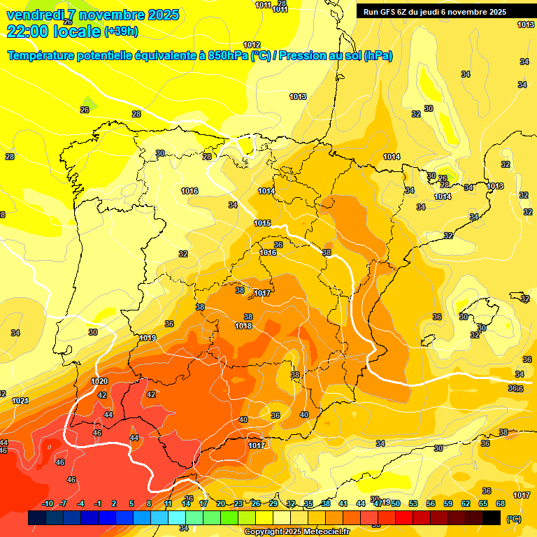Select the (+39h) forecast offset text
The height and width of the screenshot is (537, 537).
point(121,31)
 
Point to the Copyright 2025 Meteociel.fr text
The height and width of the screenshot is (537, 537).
point(296,531)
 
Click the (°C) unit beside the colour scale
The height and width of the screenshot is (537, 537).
point(513,518)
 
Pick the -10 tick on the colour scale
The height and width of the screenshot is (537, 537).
point(48,503)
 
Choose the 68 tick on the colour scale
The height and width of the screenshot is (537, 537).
point(501,503)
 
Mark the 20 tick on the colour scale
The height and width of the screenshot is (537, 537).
point(221,503)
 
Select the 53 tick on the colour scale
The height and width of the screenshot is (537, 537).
point(413,503)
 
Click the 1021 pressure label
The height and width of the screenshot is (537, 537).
point(20,401)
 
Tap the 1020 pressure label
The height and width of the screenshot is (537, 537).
point(99,381)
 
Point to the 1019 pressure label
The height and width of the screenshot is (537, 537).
point(148,338)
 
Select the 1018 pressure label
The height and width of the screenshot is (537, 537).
point(243,326)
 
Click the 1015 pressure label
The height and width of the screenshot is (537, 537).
point(262,223)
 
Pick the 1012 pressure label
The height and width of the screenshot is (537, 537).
point(252,45)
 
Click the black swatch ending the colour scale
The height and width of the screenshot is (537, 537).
point(492,517)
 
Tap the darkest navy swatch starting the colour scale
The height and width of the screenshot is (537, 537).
point(37,517)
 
